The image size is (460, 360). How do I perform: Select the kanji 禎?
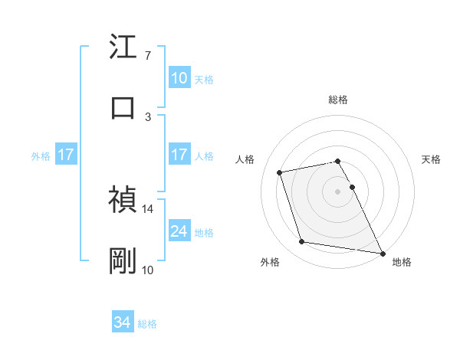(x=123, y=201)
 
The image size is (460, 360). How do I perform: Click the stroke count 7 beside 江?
(x=148, y=56)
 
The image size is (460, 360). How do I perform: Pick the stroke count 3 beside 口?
(x=148, y=117)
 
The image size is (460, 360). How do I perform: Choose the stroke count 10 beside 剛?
(x=148, y=270)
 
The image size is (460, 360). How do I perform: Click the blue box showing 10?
(x=179, y=78)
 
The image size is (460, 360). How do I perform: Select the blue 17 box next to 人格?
(x=179, y=155)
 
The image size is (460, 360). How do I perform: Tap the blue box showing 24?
(x=179, y=231)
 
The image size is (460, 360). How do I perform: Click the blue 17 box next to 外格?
(x=66, y=155)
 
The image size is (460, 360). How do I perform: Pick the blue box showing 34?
(x=123, y=323)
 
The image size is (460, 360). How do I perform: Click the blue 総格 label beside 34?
(x=147, y=324)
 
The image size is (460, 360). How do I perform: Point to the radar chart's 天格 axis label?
(x=431, y=159)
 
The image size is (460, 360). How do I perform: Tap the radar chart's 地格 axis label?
(x=402, y=262)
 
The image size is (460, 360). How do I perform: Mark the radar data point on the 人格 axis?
(x=280, y=172)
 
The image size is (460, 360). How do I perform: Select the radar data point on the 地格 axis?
(x=381, y=252)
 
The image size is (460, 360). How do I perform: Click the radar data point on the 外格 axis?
(x=302, y=242)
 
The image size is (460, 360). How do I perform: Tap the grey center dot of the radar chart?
(x=337, y=191)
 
